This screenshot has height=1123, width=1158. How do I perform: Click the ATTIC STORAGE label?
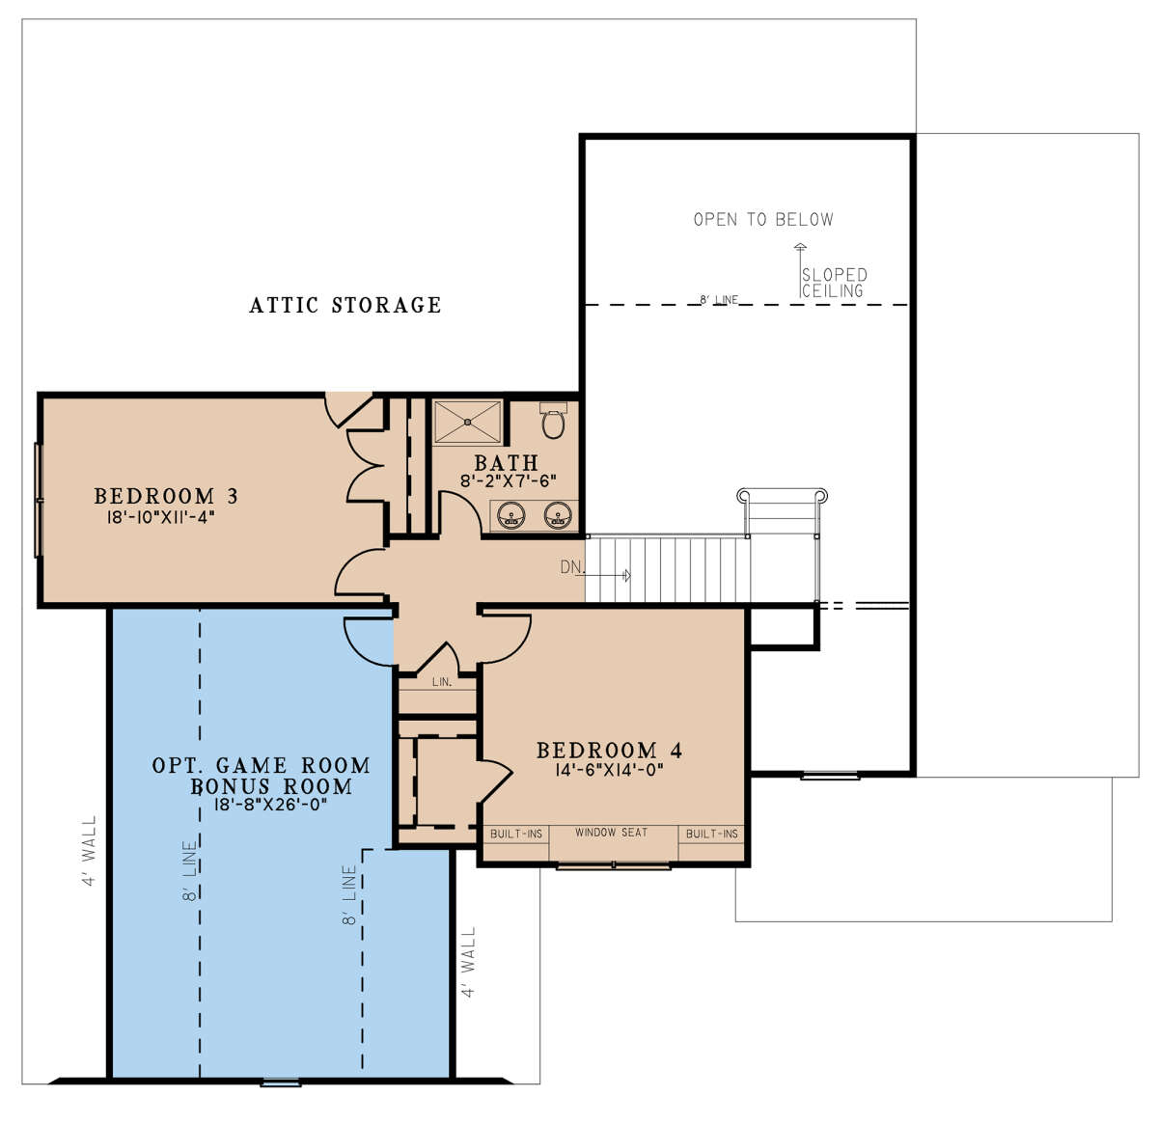[345, 305]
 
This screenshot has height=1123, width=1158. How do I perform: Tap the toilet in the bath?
[553, 420]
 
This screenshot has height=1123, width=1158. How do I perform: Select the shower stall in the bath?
[468, 423]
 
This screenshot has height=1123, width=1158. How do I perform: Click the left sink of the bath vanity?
[510, 515]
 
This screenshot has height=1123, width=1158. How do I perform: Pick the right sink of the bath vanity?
[558, 515]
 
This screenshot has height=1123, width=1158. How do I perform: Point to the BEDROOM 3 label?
[166, 496]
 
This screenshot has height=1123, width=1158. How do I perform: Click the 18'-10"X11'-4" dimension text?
[160, 517]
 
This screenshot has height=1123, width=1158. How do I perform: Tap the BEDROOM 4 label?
[609, 750]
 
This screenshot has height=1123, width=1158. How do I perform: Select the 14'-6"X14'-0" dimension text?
[609, 770]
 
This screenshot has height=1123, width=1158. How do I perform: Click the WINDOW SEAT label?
[611, 833]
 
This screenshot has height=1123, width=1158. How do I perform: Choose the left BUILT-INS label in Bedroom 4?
[516, 834]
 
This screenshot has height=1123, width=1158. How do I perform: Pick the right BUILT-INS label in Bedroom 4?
[712, 834]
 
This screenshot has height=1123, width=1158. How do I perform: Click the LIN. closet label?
[442, 682]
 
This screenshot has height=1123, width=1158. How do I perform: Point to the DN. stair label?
[572, 567]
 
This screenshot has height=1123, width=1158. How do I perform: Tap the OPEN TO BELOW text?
[763, 219]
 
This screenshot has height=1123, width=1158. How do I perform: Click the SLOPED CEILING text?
[835, 283]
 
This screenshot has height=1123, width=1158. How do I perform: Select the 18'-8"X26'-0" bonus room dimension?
[271, 805]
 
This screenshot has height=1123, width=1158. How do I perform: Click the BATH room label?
[507, 463]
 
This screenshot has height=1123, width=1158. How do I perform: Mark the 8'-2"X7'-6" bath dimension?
[509, 480]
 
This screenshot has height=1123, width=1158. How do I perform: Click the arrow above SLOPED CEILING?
[800, 270]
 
